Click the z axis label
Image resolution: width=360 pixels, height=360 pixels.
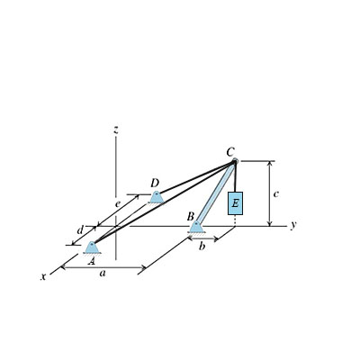[x=116, y=130]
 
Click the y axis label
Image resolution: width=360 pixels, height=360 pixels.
[x=293, y=225]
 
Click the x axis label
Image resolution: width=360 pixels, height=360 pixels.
[x=42, y=277]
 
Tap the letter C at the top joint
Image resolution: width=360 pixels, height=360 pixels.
[x=231, y=152]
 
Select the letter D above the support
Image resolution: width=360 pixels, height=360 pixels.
[x=155, y=183]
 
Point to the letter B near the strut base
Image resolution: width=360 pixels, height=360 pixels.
[x=190, y=217]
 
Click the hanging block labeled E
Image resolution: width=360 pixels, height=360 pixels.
[x=235, y=203]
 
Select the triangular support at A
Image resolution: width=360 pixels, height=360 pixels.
[x=92, y=247]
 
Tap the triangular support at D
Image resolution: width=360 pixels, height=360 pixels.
[x=157, y=196]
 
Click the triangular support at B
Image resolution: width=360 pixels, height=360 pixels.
[x=196, y=228]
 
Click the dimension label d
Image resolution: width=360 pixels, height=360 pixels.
[x=80, y=230]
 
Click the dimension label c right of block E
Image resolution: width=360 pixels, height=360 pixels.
[x=276, y=193]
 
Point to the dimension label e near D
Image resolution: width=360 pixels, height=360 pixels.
[x=117, y=204]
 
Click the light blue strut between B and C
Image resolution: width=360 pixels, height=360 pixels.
[x=215, y=194]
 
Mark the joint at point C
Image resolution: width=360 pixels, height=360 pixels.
[x=234, y=163]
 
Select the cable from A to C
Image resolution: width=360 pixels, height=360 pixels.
[x=162, y=204]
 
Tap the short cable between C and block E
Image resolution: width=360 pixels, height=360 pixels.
[x=235, y=178]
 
